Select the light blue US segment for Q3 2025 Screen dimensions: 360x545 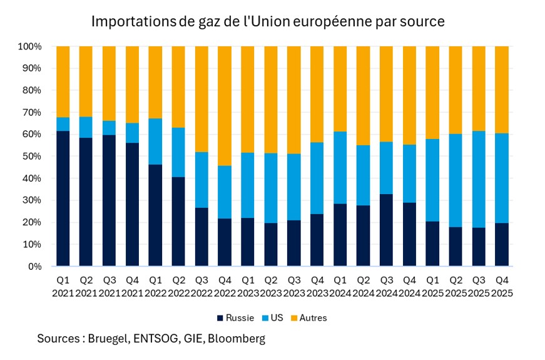point(479,179)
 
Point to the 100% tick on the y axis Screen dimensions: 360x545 point(29,46)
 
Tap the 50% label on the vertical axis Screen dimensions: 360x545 point(32,157)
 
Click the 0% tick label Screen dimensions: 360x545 point(34,267)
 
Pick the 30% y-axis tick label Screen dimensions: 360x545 point(32,200)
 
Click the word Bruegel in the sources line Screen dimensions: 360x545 point(111,339)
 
